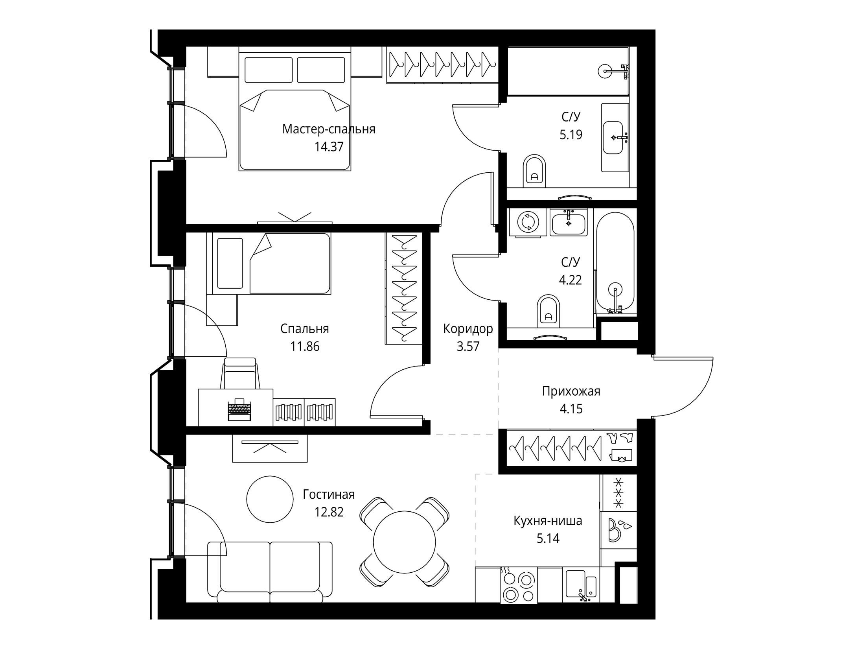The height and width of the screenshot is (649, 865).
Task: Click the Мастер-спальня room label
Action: (x=329, y=129)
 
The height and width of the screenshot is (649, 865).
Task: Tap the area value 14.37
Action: (x=329, y=147)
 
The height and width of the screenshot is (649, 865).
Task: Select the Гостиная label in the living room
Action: (x=329, y=494)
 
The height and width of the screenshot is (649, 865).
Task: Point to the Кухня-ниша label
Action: (x=548, y=521)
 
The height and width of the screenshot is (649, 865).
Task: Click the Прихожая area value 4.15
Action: (x=571, y=409)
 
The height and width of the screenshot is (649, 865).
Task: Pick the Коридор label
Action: (x=468, y=329)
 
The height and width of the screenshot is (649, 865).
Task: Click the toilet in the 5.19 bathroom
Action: (x=535, y=172)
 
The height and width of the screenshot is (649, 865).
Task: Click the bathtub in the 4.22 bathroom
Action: (x=615, y=263)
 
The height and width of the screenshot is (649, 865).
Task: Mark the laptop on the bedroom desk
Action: (x=239, y=409)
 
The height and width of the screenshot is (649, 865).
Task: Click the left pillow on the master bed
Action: (x=269, y=70)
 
